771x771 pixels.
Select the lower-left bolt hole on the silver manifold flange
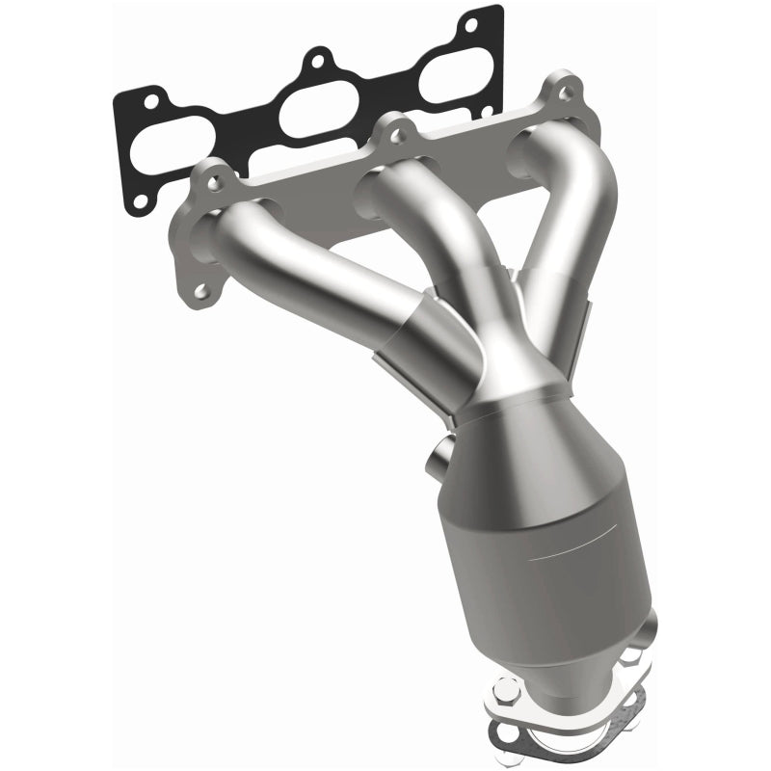200,290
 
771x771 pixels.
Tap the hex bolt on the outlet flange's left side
507,690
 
